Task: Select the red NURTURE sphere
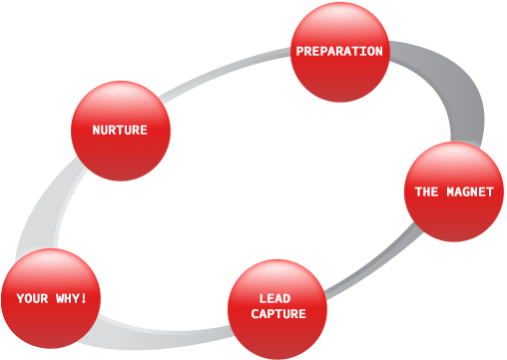coord(120,131)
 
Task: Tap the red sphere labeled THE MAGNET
coord(454,191)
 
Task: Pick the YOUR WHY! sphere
coord(51,298)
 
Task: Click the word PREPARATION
coord(339,51)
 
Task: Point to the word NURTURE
coord(120,131)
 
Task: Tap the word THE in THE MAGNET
coord(427,191)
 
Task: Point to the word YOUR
coord(31,298)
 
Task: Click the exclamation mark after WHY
coord(86,298)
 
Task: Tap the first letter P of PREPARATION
coord(299,51)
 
